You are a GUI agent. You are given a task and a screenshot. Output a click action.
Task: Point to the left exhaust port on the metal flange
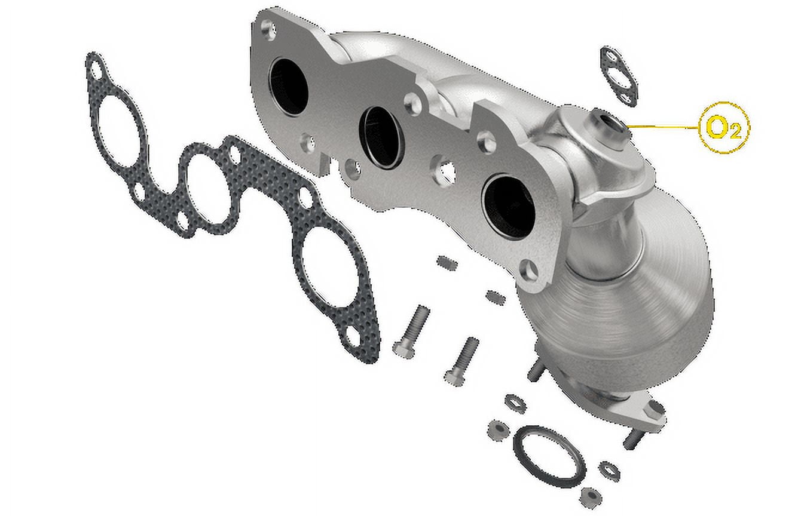pyautogui.click(x=288, y=86)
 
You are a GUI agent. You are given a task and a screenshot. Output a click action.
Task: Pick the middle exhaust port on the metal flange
pyautogui.click(x=381, y=137)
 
